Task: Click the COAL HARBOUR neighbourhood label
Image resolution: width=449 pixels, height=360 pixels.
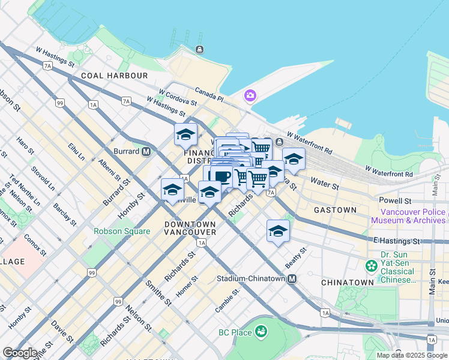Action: coord(113,76)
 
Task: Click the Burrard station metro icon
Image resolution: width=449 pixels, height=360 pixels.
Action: coord(146,152)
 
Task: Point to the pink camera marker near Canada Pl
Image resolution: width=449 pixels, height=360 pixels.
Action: coord(250,95)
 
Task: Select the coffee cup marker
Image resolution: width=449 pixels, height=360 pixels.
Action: coord(221,176)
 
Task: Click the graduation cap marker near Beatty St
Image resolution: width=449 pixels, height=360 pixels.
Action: coord(278,231)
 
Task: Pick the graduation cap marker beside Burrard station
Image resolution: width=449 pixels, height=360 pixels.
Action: coord(185,134)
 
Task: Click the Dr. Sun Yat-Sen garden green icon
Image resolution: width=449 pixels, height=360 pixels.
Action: coord(372,265)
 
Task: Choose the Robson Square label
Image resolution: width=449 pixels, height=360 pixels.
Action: coord(121,231)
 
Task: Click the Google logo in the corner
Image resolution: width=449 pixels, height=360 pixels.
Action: coord(20,352)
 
